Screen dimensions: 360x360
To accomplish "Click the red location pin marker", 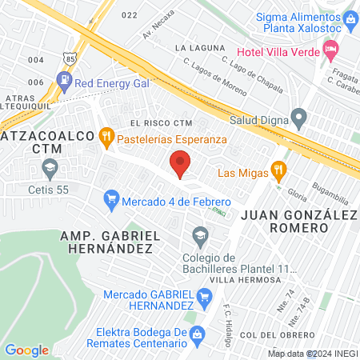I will [x=181, y=163].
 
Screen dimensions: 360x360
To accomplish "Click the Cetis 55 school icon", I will [x=50, y=168].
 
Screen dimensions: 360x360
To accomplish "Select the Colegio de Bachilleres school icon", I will [x=198, y=234].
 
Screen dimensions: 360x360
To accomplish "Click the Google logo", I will [x=27, y=350].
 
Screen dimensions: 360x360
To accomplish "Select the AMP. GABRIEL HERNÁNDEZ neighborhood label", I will [x=106, y=242].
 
